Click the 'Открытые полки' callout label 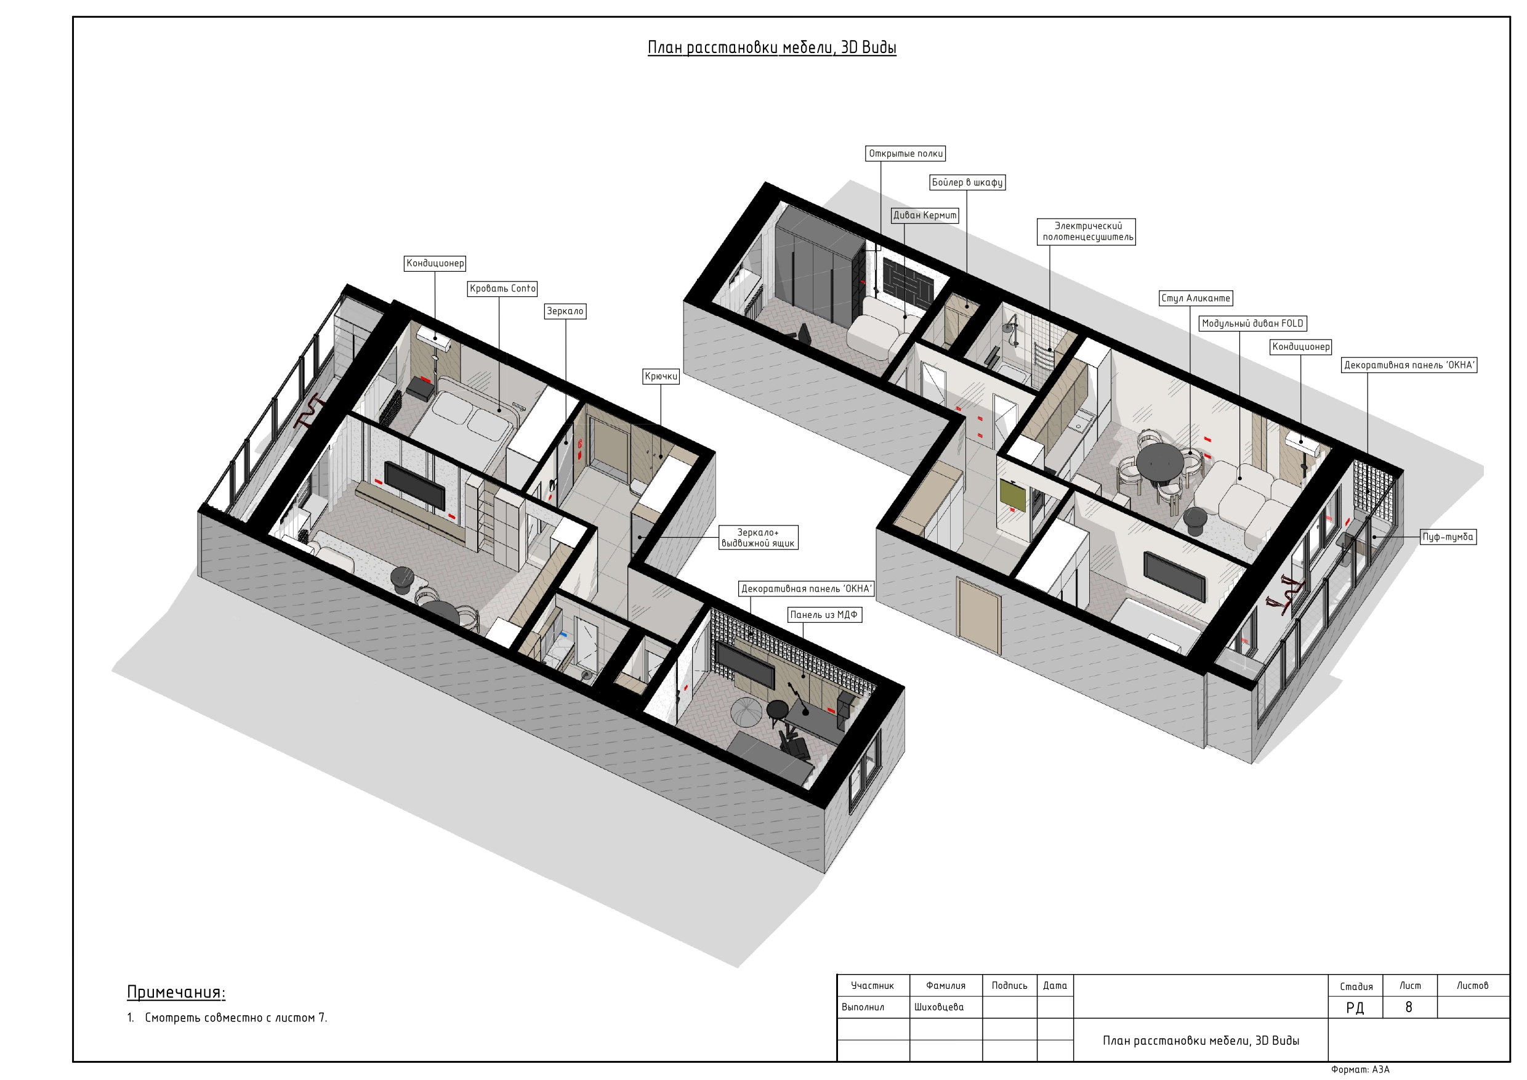[905, 154]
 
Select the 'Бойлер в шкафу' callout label [967, 182]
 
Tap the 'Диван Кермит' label [924, 215]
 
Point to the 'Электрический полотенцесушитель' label [1087, 232]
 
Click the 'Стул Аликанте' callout [1196, 298]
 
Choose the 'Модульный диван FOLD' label [1252, 323]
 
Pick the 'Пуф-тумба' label [1448, 537]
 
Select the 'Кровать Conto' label [502, 289]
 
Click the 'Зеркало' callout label [565, 311]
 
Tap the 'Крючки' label [661, 376]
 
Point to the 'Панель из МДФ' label [824, 615]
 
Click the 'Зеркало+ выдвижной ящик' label [757, 538]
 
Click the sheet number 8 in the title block [1409, 1007]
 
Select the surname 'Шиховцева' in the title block [938, 1007]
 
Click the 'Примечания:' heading [176, 992]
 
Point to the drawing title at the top [772, 47]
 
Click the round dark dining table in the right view [1159, 461]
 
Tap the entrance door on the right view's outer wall [978, 615]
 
